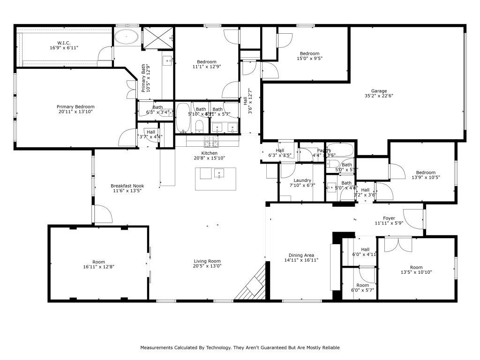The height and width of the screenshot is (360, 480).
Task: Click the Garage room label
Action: [379, 91]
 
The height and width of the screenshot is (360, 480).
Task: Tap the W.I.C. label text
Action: [64, 43]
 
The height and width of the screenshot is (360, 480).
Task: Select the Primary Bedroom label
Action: [75, 107]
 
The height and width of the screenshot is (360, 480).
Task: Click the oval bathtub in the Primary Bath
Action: [127, 36]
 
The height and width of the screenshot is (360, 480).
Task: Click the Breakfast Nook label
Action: [126, 186]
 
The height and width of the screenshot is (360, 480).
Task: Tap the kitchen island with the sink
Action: [216, 178]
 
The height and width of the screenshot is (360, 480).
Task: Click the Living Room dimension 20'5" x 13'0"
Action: [207, 266]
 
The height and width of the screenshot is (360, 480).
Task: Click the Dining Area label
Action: [302, 255]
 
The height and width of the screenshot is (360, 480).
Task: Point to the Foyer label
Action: [389, 218]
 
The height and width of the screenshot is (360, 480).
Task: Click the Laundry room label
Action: [302, 180]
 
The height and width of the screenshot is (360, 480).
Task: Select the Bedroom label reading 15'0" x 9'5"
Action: [309, 54]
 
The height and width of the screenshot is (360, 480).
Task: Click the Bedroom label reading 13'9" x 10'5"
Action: [423, 172]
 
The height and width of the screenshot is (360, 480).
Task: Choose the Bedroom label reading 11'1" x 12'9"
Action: [206, 62]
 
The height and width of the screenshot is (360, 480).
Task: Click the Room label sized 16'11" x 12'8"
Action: [98, 262]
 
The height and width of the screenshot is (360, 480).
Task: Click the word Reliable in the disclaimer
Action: [330, 348]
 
